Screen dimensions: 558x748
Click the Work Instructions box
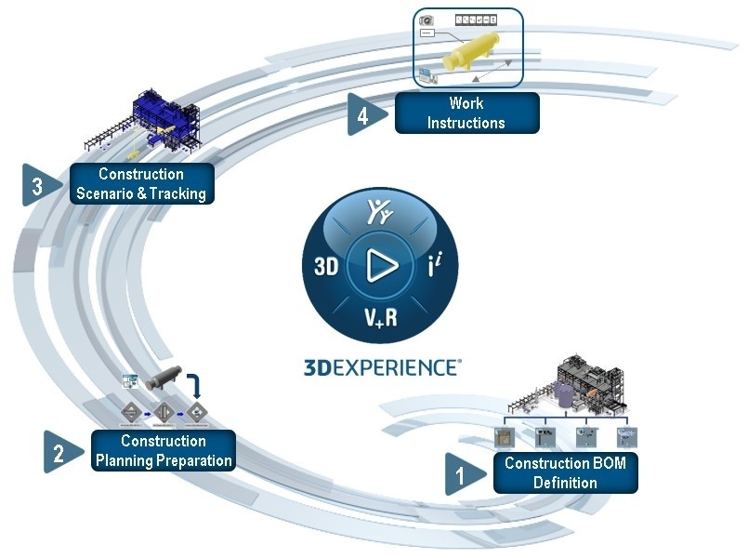tap(466, 112)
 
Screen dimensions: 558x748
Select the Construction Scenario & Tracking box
tap(141, 184)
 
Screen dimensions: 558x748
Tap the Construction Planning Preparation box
tap(164, 450)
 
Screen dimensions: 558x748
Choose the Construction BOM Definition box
tap(565, 473)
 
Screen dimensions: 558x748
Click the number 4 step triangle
tap(362, 115)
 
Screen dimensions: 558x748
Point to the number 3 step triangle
tap(37, 185)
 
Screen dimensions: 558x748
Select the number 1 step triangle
tap(461, 474)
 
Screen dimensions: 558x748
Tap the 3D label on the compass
tap(325, 268)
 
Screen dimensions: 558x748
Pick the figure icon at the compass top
tap(380, 212)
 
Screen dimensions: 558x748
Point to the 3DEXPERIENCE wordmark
tap(380, 366)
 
